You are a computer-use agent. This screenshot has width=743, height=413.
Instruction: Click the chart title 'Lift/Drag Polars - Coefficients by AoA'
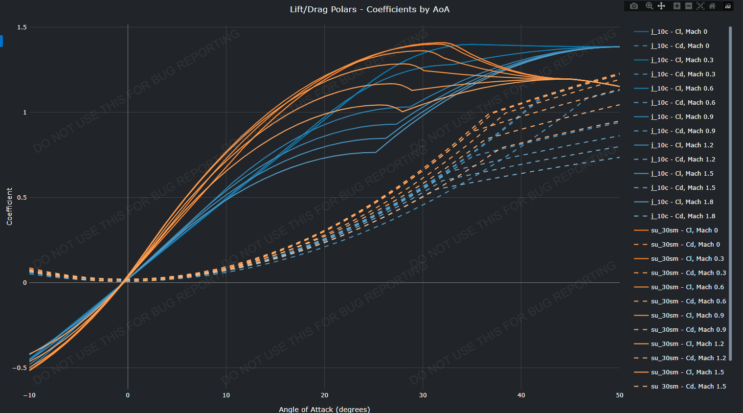click(x=369, y=9)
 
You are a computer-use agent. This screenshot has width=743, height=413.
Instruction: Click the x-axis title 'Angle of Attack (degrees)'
click(x=324, y=409)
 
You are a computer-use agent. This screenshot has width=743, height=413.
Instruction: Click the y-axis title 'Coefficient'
click(x=9, y=206)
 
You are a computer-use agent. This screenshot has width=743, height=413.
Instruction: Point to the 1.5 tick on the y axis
click(x=22, y=27)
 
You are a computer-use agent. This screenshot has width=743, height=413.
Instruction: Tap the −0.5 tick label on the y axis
click(x=20, y=368)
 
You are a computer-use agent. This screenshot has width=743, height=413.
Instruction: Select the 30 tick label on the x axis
click(x=423, y=395)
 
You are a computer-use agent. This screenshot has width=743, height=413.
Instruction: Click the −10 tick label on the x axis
click(x=29, y=395)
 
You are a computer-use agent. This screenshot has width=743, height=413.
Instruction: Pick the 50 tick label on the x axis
click(x=619, y=395)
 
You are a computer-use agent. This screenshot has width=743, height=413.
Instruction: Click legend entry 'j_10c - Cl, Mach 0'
click(x=679, y=32)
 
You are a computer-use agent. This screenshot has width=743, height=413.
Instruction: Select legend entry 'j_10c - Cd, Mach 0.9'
click(x=683, y=131)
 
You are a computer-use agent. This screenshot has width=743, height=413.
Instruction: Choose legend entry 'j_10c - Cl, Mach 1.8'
click(x=682, y=202)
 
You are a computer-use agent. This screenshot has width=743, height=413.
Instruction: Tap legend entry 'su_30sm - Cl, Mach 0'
click(x=684, y=230)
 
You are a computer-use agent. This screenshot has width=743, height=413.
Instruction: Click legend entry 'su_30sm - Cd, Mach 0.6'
click(x=688, y=301)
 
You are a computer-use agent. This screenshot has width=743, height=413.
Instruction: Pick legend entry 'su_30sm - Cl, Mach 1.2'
click(x=687, y=344)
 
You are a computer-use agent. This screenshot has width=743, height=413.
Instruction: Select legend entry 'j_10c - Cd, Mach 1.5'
click(x=683, y=188)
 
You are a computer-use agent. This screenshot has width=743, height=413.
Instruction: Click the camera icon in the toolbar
click(x=634, y=6)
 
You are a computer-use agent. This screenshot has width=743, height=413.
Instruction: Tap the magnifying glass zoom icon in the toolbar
click(x=649, y=6)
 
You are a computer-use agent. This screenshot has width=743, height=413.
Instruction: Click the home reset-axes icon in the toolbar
click(x=712, y=6)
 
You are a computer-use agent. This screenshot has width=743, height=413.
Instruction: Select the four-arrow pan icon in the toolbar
click(x=661, y=6)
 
